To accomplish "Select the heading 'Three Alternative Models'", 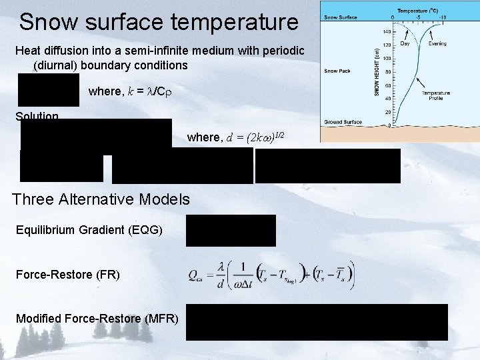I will click(x=101, y=199).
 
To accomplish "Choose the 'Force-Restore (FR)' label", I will click(x=68, y=274).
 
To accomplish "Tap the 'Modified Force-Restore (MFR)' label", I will click(x=97, y=319).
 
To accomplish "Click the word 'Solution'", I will click(x=37, y=117).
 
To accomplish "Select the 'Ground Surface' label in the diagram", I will click(x=343, y=122).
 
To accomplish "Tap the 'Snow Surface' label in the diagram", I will click(x=340, y=17).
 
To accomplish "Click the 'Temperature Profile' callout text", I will click(x=435, y=96).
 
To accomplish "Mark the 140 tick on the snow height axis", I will click(x=387, y=31).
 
